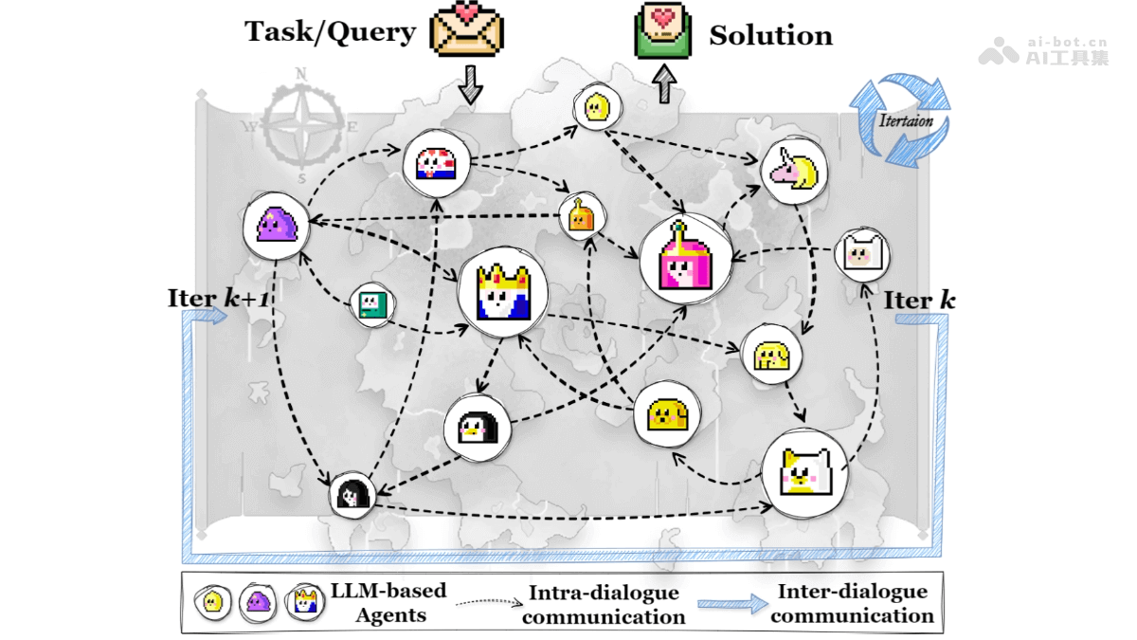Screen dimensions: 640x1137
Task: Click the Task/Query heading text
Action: [x=330, y=31]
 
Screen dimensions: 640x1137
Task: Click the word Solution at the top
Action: [x=770, y=36]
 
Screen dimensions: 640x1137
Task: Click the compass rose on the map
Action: [x=302, y=125]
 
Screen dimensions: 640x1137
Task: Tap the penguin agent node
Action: [x=478, y=429]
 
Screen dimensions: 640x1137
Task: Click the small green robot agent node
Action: [x=371, y=303]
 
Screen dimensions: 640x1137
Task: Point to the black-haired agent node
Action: [x=352, y=494]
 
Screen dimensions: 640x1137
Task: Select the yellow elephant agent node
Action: [x=771, y=354]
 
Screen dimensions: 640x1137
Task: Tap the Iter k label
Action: [x=919, y=301]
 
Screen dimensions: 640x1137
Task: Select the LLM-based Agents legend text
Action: [x=388, y=603]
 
